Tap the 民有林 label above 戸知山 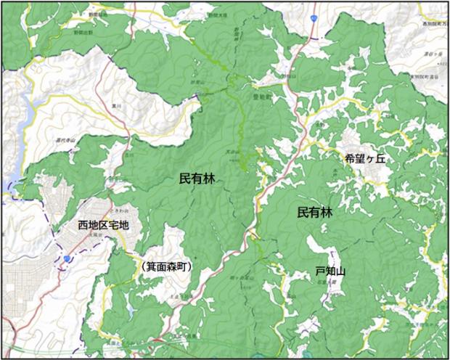click(314, 213)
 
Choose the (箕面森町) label click(167, 267)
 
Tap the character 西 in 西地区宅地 click(83, 226)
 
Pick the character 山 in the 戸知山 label click(340, 271)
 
